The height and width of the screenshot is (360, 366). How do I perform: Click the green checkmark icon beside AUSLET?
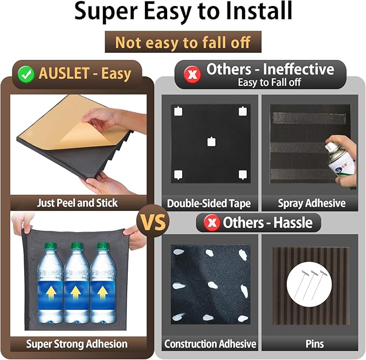click(26, 74)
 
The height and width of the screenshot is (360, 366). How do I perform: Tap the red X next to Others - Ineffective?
click(192, 74)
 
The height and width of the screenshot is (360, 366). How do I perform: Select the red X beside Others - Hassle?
click(212, 222)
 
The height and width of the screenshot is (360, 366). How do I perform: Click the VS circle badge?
click(153, 221)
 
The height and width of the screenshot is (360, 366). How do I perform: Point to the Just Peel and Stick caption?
click(77, 203)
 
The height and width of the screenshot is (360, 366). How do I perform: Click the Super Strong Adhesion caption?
click(77, 344)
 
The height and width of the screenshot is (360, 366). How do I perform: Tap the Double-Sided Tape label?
click(209, 203)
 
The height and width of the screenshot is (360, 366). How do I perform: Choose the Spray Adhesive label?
click(312, 203)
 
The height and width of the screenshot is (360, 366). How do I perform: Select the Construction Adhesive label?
click(210, 344)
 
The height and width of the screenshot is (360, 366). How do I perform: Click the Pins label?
click(315, 344)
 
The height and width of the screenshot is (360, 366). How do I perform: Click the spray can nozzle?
click(329, 147)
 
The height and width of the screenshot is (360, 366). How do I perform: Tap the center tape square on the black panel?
click(211, 141)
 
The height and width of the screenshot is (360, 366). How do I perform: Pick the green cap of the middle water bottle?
click(77, 246)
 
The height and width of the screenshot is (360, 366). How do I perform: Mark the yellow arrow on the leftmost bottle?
click(50, 294)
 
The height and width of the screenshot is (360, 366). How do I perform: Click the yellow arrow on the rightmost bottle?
click(102, 294)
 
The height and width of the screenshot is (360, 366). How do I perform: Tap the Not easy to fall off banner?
click(183, 42)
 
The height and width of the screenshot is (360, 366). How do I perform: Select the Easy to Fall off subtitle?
click(269, 82)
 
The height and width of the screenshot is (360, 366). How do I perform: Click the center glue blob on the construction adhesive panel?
click(212, 285)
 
